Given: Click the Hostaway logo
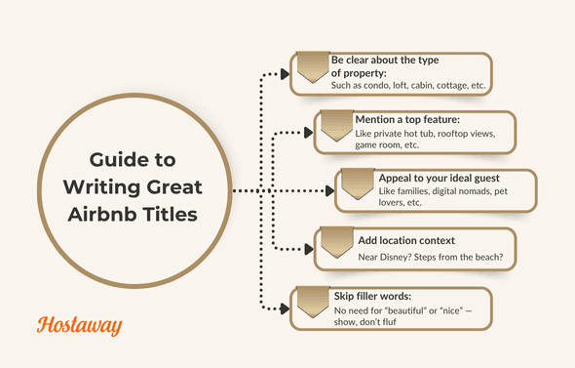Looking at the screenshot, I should pyautogui.click(x=78, y=325).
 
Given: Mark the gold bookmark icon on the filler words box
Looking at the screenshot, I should pyautogui.click(x=311, y=303).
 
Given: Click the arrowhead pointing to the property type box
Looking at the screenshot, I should pyautogui.click(x=286, y=72).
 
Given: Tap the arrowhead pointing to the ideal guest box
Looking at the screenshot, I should pyautogui.click(x=329, y=190).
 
